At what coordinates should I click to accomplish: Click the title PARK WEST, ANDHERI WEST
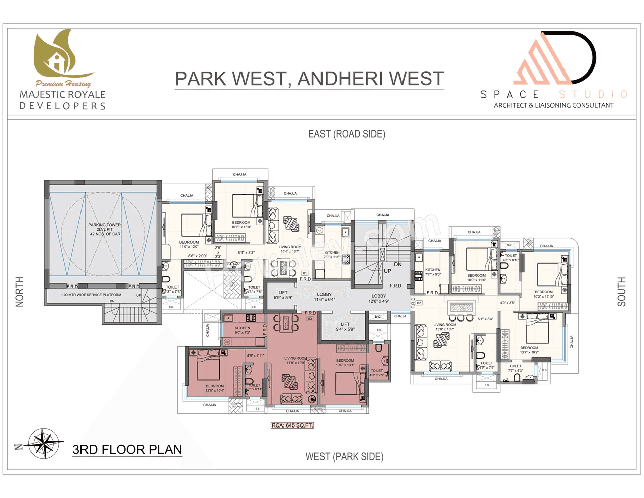click(x=309, y=79)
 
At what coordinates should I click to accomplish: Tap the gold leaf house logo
click(x=61, y=55)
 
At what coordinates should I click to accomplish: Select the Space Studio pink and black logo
click(x=554, y=58)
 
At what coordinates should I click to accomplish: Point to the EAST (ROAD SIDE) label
click(x=347, y=134)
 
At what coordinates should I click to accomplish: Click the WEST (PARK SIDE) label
click(x=344, y=457)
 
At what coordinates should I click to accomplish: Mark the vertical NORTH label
click(x=20, y=292)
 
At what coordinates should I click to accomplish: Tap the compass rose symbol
click(x=45, y=444)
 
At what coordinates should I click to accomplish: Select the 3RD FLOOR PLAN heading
click(x=127, y=450)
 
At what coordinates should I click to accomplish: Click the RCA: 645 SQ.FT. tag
click(x=292, y=425)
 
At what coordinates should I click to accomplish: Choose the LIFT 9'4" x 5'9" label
click(x=345, y=327)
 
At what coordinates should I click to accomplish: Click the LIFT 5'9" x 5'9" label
click(x=283, y=295)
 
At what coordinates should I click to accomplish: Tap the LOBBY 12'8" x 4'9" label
click(x=378, y=299)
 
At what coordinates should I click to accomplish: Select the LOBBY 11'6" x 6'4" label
click(x=324, y=297)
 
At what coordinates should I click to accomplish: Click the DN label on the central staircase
click(x=398, y=264)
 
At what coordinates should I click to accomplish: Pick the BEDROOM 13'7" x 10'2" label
click(x=529, y=350)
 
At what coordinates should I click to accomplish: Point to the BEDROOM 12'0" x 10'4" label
click(x=215, y=388)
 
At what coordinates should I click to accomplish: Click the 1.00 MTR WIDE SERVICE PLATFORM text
click(x=91, y=295)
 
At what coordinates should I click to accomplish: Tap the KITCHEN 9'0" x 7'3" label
click(x=242, y=330)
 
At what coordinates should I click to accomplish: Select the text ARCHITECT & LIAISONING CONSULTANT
click(x=553, y=106)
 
